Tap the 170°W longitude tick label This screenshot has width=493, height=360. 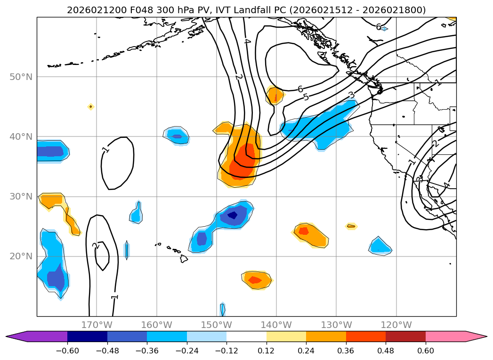coord(97,325)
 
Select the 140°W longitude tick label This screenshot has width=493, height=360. coord(276,325)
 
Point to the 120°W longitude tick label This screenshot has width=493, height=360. coord(396,325)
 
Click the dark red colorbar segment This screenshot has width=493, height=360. coord(405,336)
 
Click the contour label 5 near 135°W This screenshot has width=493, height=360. coord(306,97)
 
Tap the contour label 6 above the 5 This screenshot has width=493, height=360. coord(300,89)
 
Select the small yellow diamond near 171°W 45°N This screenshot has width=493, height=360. coord(91,107)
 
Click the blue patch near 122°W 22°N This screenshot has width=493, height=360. coord(380,246)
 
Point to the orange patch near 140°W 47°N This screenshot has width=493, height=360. coord(275,96)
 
